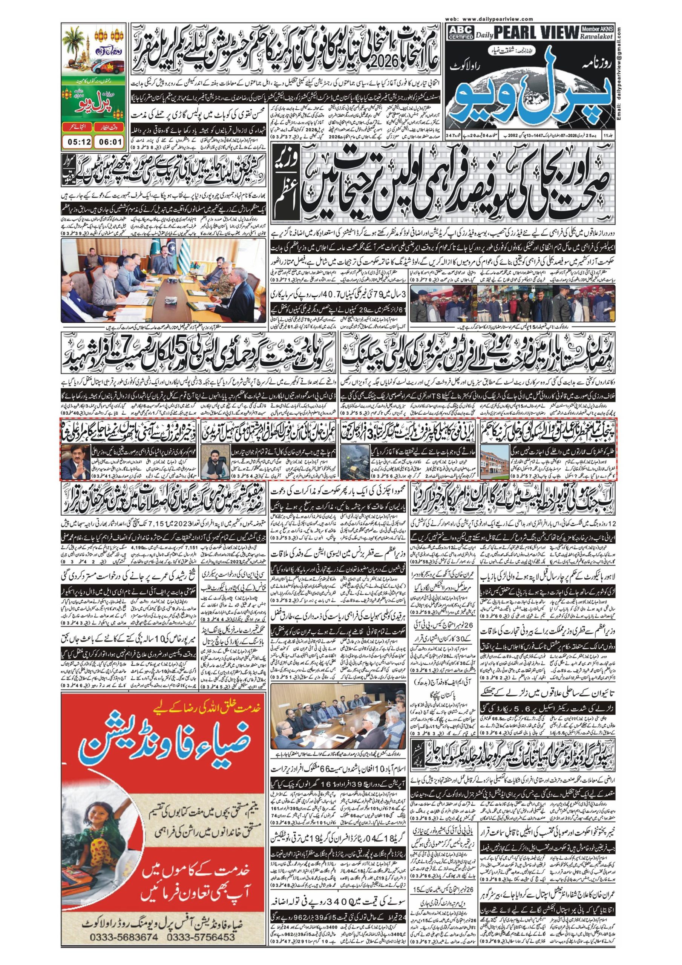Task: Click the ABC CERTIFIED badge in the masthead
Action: coord(460,32)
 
